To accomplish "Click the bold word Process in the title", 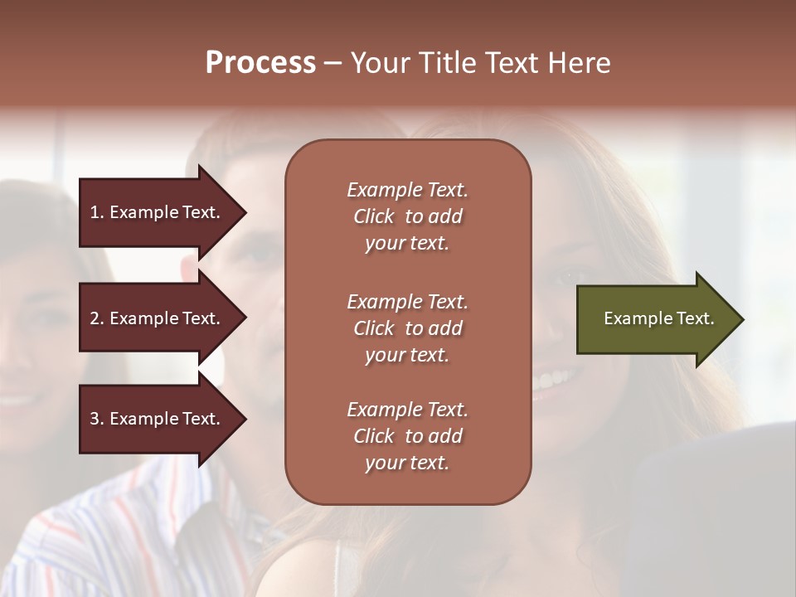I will pos(260,63).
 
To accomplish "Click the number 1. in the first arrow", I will pos(97,212).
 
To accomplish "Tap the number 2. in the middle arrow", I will pos(97,318).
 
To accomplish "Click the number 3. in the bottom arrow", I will pos(97,419).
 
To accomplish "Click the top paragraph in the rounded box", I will pos(407,216).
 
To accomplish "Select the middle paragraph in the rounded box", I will pos(407,328).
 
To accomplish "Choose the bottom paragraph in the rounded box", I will pos(407,436).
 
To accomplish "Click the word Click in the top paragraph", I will pos(373,216).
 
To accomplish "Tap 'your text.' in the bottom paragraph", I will pos(407,463).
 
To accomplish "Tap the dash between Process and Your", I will pos(332,63).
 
